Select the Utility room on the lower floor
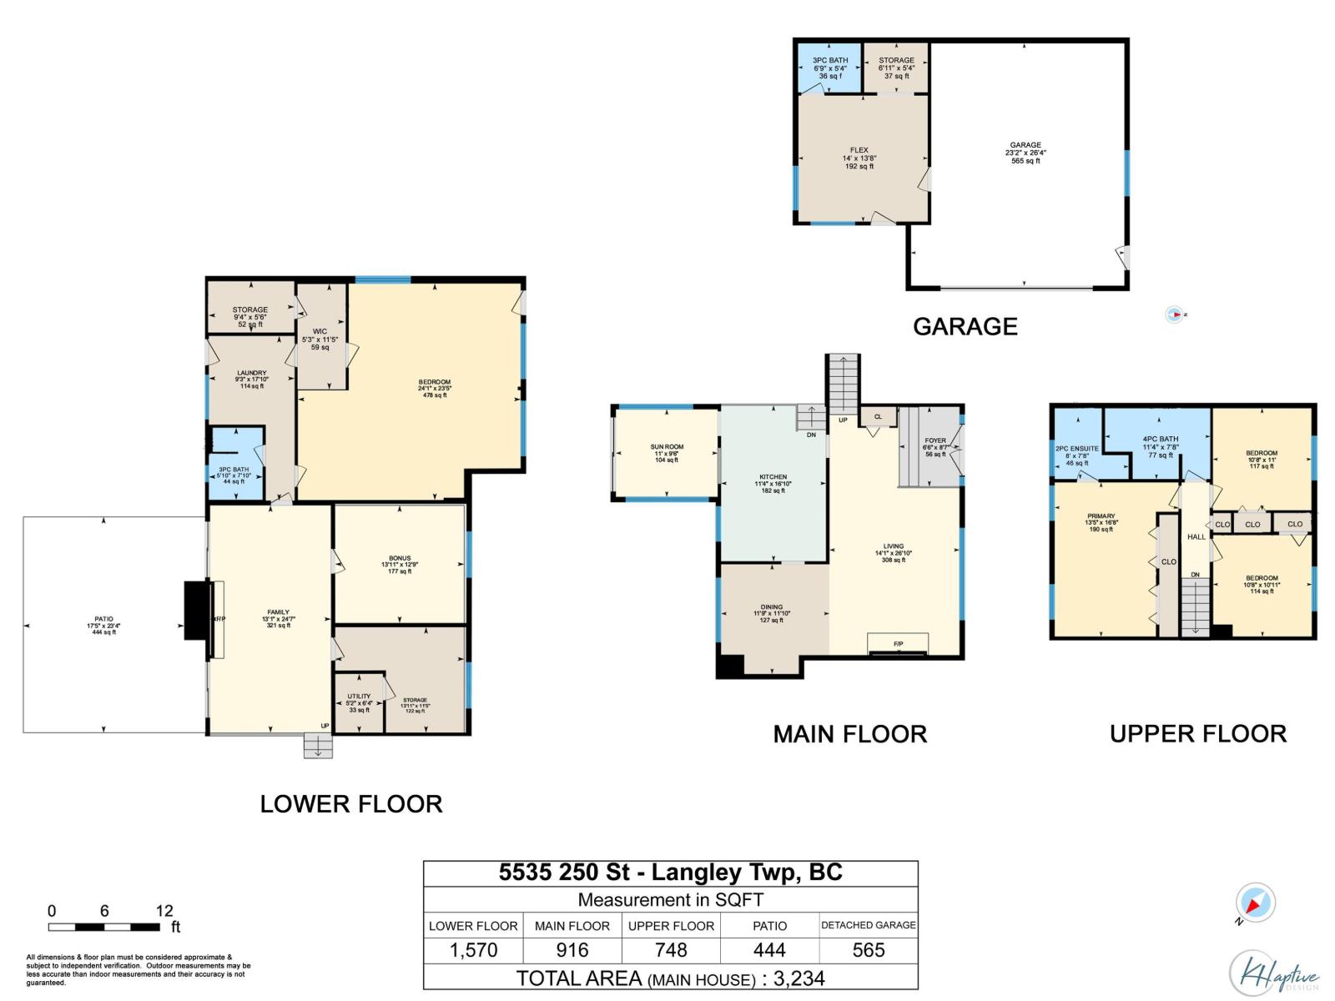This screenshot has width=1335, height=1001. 359,703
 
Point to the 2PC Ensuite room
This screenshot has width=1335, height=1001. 1076,455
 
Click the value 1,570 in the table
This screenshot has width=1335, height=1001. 473,950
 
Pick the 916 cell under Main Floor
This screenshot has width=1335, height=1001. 572,950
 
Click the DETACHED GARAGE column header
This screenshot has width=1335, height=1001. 868,925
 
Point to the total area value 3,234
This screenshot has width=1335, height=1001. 798,978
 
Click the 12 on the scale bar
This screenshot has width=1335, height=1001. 164,911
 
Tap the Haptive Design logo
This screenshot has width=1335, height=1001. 1274,973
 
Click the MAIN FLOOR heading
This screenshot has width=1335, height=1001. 849,734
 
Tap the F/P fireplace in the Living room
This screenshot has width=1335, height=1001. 899,644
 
